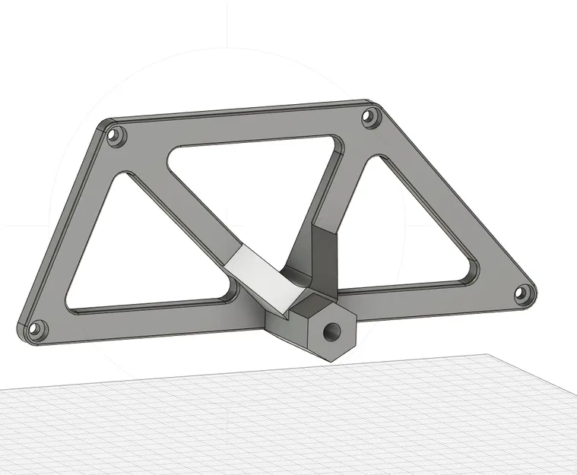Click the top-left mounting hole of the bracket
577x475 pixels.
tap(116, 137)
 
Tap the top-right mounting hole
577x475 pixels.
tap(370, 118)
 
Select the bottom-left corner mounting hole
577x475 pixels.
tap(36, 331)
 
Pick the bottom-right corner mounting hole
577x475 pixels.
tap(522, 293)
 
